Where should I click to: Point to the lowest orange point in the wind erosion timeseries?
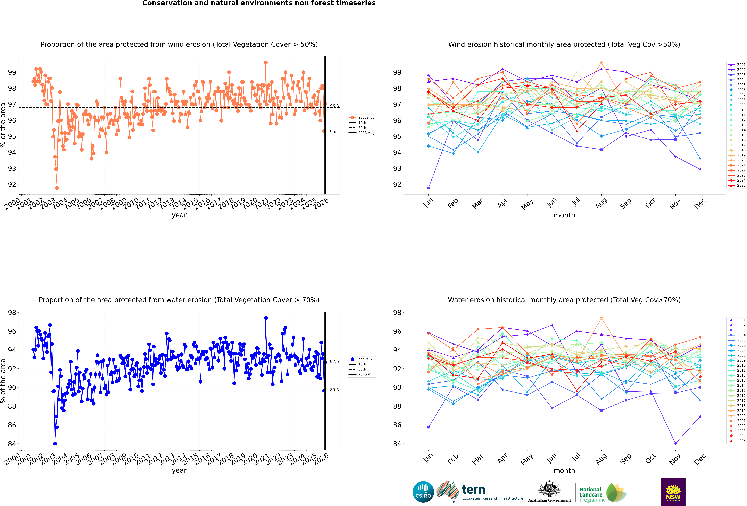(57, 188)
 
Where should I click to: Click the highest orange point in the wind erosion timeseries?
(266, 63)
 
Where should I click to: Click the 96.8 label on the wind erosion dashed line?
(334, 106)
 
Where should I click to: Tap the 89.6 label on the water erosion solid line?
(334, 390)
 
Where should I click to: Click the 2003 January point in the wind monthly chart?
(428, 188)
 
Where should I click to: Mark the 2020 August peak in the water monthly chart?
(601, 318)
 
